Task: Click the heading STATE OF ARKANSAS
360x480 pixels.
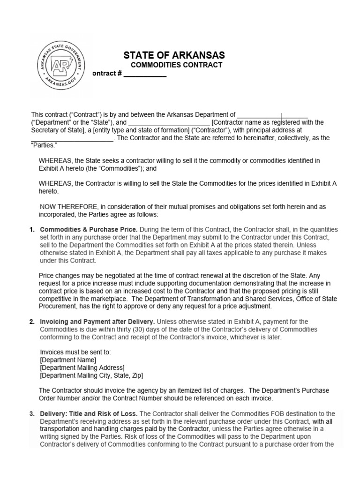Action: [x=174, y=55]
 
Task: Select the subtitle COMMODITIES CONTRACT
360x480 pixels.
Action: [x=176, y=65]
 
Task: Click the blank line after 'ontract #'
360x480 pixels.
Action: [x=144, y=74]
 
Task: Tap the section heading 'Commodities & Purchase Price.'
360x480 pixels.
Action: [x=89, y=229]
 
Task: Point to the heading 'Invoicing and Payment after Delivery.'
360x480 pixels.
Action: [x=97, y=321]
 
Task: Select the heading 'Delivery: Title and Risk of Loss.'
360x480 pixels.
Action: [x=89, y=413]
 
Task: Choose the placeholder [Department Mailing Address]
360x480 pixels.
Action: [x=82, y=367]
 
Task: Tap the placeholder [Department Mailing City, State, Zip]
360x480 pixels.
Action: [x=91, y=375]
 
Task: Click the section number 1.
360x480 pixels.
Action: [x=32, y=229]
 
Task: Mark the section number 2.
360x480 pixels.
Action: [x=32, y=321]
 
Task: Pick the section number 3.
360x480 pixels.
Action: [x=32, y=413]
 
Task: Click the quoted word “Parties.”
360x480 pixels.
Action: [x=44, y=145]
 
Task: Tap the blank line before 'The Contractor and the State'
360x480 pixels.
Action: [x=72, y=138]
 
